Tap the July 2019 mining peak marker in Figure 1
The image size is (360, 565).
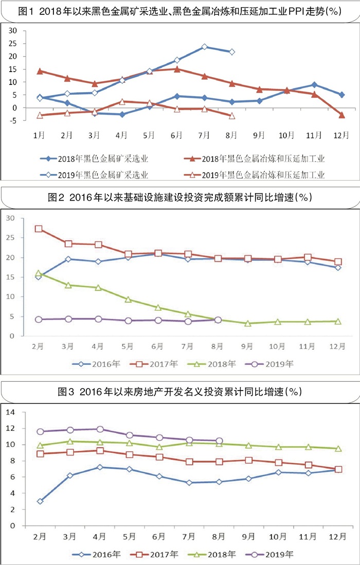(x=205, y=47)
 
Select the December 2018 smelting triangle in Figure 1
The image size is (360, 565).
(x=342, y=115)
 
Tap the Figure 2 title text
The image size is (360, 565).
(x=180, y=197)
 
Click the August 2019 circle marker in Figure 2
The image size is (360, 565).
(x=218, y=320)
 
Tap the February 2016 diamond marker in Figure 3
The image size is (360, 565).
(x=40, y=501)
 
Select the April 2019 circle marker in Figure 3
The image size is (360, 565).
(x=100, y=429)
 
